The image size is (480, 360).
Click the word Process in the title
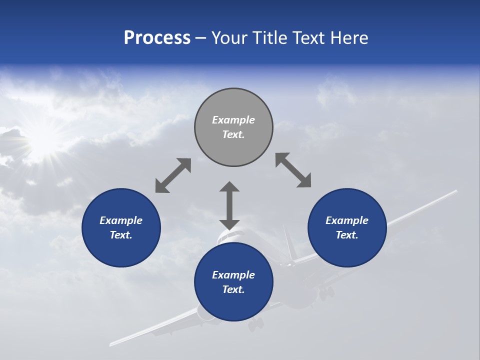[x=157, y=38]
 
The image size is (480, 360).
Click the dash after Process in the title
[x=201, y=38]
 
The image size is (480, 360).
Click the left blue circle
[x=121, y=227]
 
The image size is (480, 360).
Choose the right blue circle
[x=347, y=227]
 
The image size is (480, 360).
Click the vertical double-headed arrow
[x=229, y=205]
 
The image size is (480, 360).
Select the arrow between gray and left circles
[x=173, y=175]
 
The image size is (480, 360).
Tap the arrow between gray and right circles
[x=293, y=170]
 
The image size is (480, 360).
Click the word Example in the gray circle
[x=233, y=120]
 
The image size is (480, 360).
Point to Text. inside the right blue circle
[x=347, y=235]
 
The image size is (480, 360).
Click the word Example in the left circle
[x=121, y=220]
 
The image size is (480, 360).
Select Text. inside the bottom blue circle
[x=233, y=289]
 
